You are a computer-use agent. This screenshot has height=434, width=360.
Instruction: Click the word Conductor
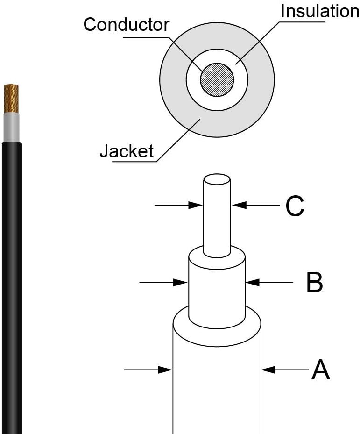click(x=126, y=24)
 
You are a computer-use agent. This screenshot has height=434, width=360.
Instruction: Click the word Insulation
click(x=319, y=11)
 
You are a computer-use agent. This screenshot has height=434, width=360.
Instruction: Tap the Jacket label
click(x=127, y=151)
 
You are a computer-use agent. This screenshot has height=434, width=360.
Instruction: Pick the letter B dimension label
click(x=314, y=282)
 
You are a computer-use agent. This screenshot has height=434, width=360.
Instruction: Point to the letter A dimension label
click(x=320, y=370)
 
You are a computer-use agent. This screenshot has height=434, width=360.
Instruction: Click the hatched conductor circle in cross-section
click(x=217, y=79)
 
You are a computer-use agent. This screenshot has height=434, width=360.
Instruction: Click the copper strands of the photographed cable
click(x=11, y=98)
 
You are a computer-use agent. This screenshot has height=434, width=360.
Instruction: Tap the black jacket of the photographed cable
click(x=11, y=280)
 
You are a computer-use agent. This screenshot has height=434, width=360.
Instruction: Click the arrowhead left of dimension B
click(x=181, y=282)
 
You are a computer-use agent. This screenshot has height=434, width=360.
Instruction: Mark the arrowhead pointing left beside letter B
click(x=252, y=282)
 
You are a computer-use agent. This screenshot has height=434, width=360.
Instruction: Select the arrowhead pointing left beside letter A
click(x=268, y=370)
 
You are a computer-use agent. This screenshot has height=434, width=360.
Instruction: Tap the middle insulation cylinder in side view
click(x=217, y=290)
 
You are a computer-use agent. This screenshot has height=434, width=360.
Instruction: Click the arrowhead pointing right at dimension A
click(x=166, y=370)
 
